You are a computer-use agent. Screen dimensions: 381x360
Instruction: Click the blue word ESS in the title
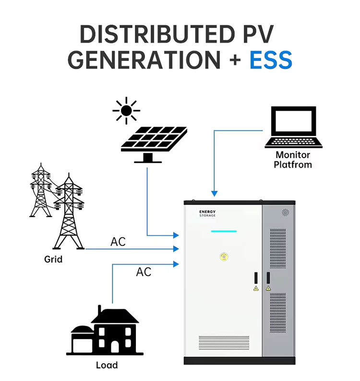(271, 60)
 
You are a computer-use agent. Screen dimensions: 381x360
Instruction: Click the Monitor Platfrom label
(293, 160)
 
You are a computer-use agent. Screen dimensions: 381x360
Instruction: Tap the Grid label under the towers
(53, 259)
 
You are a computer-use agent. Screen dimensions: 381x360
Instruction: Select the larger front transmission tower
(68, 211)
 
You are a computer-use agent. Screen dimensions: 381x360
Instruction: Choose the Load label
(107, 365)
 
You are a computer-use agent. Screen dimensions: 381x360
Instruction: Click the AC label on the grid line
(118, 242)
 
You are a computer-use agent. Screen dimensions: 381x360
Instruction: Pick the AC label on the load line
(144, 272)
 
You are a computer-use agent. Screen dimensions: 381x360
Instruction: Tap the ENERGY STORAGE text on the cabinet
(207, 213)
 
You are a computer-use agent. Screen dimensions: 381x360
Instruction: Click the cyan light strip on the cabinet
(224, 231)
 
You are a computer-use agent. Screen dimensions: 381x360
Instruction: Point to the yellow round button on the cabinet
(223, 257)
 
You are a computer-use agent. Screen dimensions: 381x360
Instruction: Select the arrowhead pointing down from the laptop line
(214, 194)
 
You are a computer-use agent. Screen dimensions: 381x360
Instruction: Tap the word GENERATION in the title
(144, 60)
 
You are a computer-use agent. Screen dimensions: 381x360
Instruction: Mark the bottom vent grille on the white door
(223, 339)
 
